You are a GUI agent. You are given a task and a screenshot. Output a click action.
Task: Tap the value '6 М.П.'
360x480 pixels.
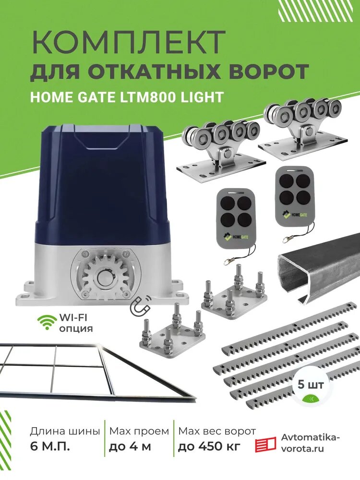point(49,447)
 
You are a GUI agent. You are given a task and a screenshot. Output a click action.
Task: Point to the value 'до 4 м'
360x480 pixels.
point(130,447)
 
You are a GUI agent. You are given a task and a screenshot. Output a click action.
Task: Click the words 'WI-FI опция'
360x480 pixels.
point(76,323)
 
